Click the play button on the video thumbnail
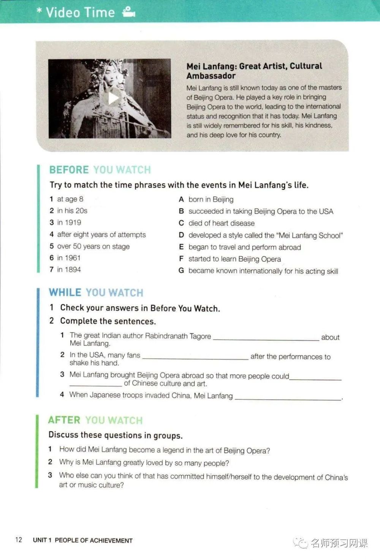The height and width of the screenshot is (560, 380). click(113, 98)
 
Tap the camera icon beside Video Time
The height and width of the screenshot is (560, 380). click(129, 13)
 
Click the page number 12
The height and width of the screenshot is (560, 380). click(19, 540)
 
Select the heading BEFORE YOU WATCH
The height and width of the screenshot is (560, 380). click(100, 170)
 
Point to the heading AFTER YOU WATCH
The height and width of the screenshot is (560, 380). click(95, 420)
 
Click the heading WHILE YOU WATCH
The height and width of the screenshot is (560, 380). click(96, 293)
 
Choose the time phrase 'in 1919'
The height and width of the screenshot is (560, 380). click(69, 223)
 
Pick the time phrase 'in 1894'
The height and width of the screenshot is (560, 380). click(69, 270)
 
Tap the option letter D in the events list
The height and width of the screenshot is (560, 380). click(181, 235)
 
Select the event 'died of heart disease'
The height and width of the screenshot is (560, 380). click(222, 223)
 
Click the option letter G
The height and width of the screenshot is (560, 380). click(181, 271)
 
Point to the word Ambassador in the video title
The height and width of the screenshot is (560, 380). click(211, 76)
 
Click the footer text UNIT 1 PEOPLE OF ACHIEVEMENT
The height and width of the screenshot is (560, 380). click(83, 540)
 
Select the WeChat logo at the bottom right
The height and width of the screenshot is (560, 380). click(302, 543)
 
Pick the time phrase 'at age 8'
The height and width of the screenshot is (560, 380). click(70, 199)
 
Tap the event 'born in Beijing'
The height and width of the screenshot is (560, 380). click(211, 199)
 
